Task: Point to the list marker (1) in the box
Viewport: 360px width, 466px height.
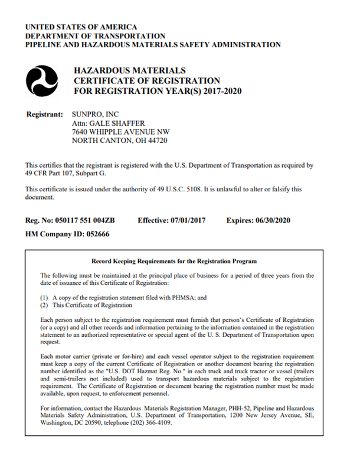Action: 44,298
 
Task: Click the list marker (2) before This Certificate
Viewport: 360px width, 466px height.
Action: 44,305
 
